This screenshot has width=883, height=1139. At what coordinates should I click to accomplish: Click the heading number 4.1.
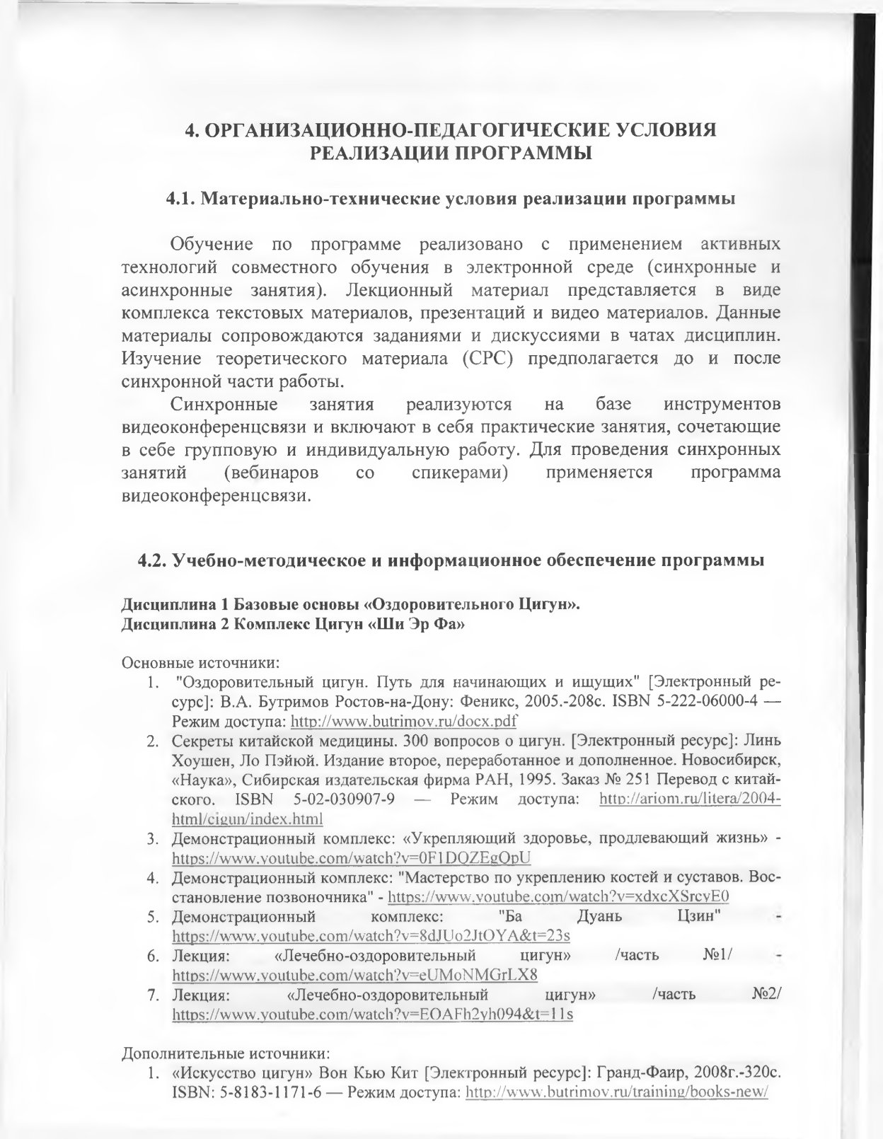coord(181,199)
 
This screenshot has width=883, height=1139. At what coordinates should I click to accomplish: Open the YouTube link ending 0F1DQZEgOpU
coord(352,857)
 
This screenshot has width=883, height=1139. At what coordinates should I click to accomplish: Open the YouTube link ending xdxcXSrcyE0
coord(559,896)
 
